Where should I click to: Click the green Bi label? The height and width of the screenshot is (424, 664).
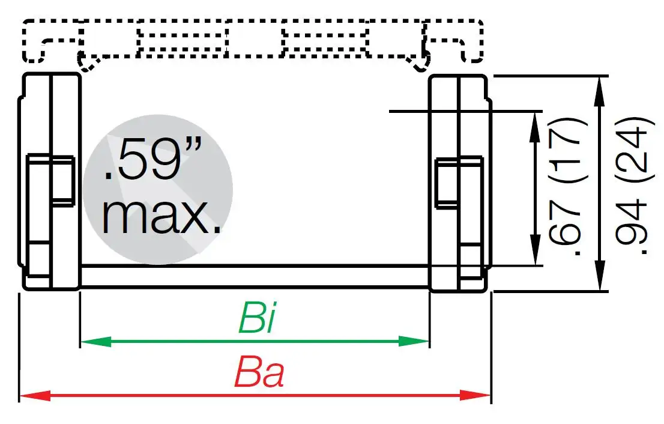pyautogui.click(x=257, y=318)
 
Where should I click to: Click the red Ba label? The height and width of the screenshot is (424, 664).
pyautogui.click(x=259, y=373)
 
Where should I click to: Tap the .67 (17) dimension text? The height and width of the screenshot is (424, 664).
pyautogui.click(x=566, y=187)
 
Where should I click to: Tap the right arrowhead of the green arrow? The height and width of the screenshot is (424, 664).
pyautogui.click(x=421, y=342)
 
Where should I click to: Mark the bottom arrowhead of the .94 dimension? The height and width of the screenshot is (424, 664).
pyautogui.click(x=600, y=284)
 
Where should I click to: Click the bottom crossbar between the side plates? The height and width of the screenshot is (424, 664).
pyautogui.click(x=255, y=276)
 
